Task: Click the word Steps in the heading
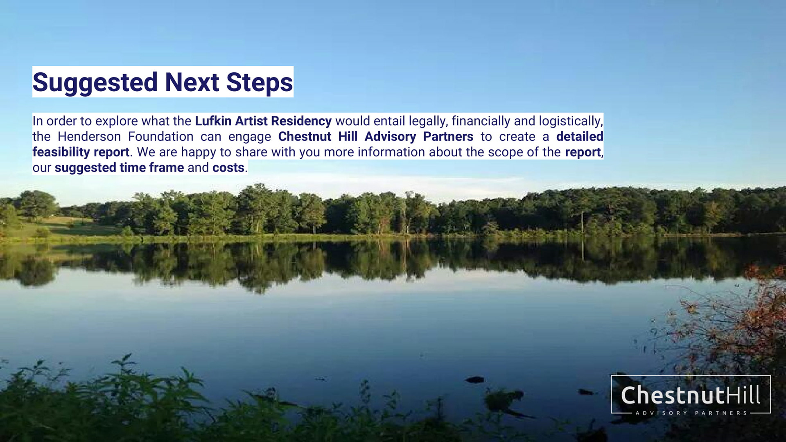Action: pos(260,82)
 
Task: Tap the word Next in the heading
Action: pos(192,82)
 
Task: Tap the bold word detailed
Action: pos(580,136)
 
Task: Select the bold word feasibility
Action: pos(61,152)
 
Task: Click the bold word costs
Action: pos(228,168)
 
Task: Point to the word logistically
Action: pos(571,122)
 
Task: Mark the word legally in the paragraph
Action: pos(428,122)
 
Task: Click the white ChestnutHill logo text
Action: pos(690,395)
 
